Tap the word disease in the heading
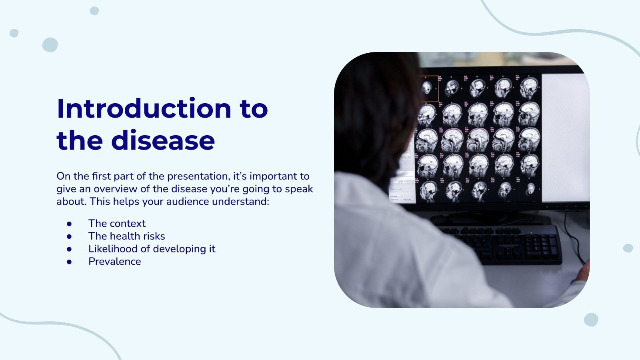tap(163, 140)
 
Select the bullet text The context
tap(117, 223)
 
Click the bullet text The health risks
tap(126, 236)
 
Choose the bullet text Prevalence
tap(114, 262)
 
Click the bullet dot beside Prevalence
tap(69, 262)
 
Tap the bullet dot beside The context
tap(69, 223)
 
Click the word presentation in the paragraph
tap(198, 176)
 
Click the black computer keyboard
tap(500, 244)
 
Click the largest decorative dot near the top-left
tap(50, 45)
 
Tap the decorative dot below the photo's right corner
tap(591, 320)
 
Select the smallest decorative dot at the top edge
tap(94, 11)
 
